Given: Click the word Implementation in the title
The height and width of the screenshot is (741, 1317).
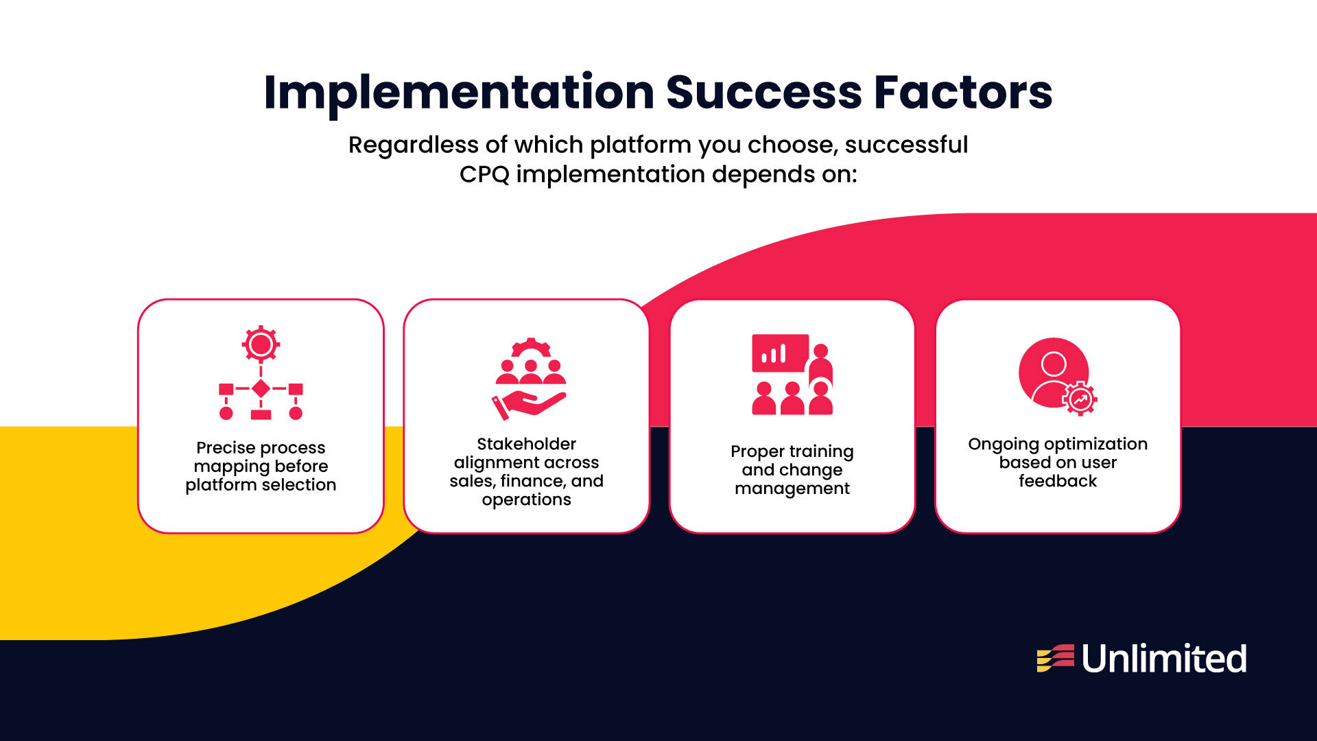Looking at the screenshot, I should (459, 93).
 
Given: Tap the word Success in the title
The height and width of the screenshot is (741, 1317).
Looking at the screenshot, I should (763, 93).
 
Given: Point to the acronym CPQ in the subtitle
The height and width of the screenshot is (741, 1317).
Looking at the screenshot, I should (484, 174).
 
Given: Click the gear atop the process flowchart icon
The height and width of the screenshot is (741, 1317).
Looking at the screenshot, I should (261, 344).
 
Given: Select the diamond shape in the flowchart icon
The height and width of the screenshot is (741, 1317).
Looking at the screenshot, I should (261, 388).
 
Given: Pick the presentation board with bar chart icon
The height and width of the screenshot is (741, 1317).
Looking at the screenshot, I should (780, 353).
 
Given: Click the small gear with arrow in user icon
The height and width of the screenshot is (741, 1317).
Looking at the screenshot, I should (1080, 399).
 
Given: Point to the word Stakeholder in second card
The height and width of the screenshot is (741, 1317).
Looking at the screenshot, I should (526, 444).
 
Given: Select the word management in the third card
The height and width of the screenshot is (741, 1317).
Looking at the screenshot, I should (792, 489).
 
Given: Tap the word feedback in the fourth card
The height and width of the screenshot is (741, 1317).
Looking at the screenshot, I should (1057, 481).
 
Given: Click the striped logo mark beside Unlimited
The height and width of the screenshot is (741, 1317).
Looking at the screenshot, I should (1055, 658).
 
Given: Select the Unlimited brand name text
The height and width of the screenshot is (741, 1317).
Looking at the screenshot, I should (1164, 659).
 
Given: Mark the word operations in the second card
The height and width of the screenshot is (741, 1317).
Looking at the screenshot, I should (526, 499).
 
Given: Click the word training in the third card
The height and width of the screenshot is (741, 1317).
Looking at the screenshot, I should (822, 451).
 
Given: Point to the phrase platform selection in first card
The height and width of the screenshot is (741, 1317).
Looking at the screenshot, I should (261, 485).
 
